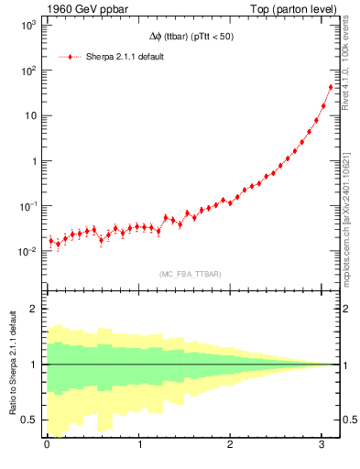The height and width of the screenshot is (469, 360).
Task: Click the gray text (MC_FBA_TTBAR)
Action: click(x=191, y=273)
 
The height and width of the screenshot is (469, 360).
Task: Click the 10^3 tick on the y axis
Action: click(x=27, y=26)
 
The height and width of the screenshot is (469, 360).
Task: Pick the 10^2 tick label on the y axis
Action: click(x=27, y=71)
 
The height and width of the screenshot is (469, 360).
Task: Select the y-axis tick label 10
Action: click(x=30, y=116)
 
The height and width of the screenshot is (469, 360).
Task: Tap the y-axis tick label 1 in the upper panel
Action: click(x=35, y=161)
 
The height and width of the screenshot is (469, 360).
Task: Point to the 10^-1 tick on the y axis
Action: click(x=27, y=206)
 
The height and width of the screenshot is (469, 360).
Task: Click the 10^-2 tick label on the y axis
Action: click(x=27, y=251)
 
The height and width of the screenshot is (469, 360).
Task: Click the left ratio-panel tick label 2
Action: click(x=35, y=309)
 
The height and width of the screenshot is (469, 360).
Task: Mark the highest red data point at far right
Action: click(x=331, y=87)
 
